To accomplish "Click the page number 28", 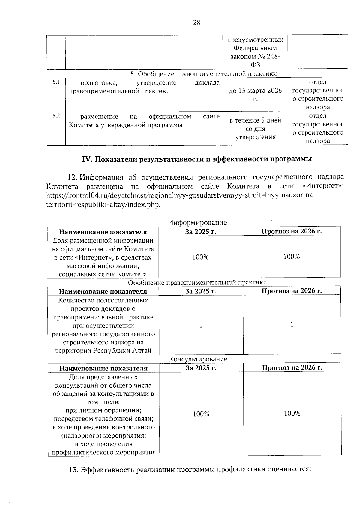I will click(196, 23).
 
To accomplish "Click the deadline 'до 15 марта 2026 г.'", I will click(255, 94).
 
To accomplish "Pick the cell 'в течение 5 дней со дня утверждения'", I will click(255, 129).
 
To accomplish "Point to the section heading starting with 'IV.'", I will click(197, 159).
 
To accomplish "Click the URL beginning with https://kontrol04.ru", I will click(181, 195).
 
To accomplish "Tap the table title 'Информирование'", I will click(197, 223).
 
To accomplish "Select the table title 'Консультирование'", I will click(198, 359).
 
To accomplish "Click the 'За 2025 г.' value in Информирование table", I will click(201, 257).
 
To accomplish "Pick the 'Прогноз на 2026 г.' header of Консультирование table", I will click(292, 367).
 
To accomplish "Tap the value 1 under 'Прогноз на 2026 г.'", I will click(292, 325).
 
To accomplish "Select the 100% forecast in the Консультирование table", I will click(292, 414).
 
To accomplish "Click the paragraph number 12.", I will click(73, 177).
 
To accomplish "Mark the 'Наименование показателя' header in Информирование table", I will click(103, 232).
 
